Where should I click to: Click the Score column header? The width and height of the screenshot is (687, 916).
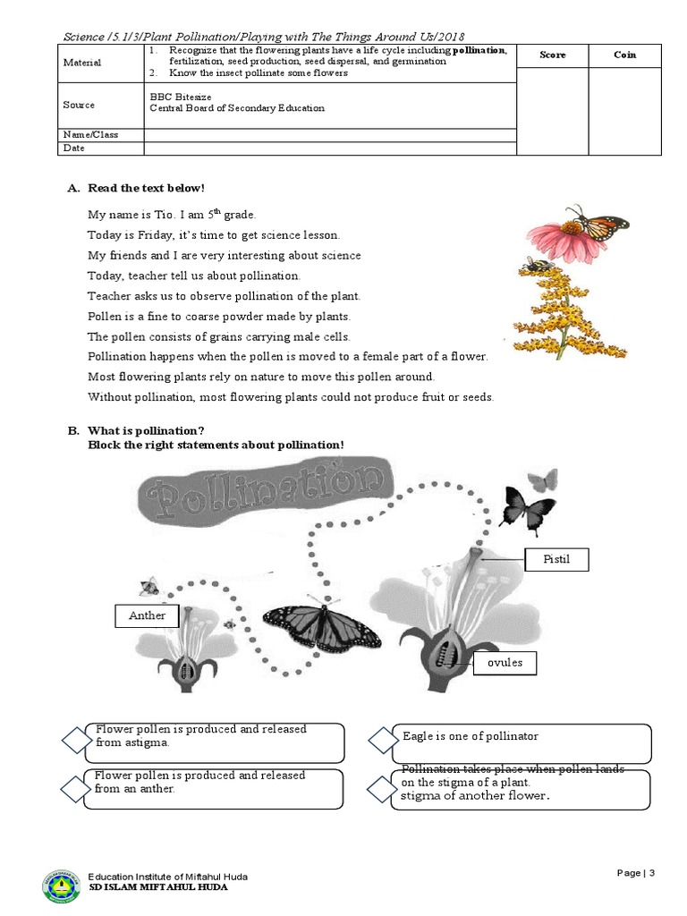[x=553, y=55]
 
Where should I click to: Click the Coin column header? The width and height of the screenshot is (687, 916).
[x=625, y=55]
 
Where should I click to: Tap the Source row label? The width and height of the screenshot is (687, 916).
[x=79, y=105]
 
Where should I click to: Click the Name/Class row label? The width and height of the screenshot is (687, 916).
[x=89, y=134]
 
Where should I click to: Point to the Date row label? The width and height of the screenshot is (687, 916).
[x=73, y=148]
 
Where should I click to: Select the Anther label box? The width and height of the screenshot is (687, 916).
[x=147, y=615]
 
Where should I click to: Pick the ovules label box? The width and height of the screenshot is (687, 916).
[x=505, y=663]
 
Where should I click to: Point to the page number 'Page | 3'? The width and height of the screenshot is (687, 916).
[x=636, y=873]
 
